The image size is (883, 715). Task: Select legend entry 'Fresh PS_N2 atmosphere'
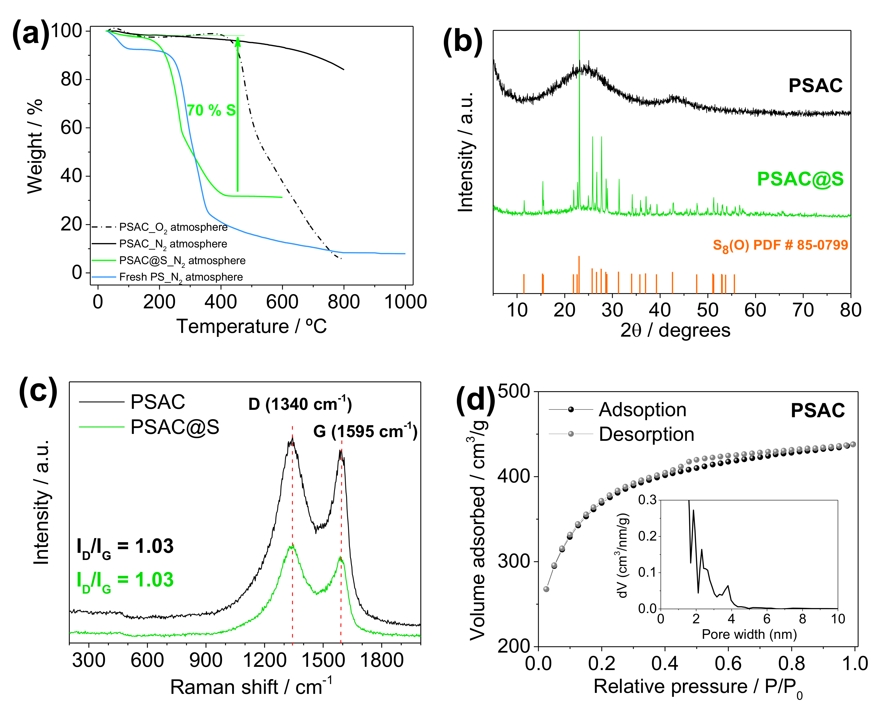180,277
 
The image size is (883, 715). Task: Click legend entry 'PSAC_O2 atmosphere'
173,227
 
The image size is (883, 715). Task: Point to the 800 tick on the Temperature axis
343,302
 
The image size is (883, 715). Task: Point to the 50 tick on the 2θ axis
707,310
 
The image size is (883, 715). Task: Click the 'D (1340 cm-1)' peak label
300,404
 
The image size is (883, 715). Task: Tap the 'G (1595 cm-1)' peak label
365,431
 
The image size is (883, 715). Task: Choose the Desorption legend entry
646,434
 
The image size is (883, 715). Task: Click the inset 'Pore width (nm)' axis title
749,634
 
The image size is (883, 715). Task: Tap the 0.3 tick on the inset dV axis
647,500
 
